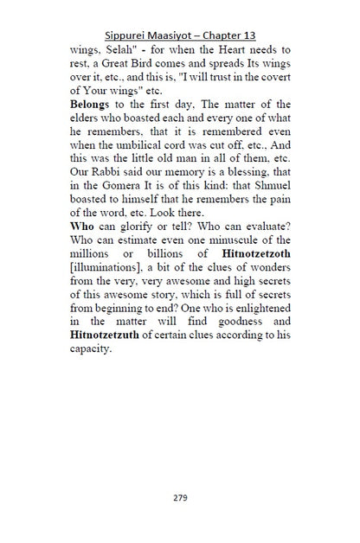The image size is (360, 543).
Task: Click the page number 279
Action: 180,497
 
